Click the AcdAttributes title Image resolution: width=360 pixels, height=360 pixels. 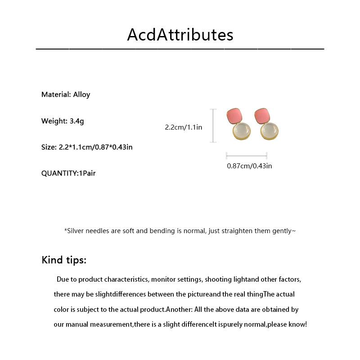point(180,35)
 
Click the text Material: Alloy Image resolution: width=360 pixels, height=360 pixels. point(66,94)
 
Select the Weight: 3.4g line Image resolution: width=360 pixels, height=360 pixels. point(63,121)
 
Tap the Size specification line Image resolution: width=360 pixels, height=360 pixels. point(87,147)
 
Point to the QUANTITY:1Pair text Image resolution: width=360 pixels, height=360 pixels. point(68,173)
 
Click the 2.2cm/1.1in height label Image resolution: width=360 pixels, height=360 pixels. point(184,127)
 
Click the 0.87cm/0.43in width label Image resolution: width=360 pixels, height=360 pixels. point(249,166)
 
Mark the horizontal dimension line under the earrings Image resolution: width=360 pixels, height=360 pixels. point(247,156)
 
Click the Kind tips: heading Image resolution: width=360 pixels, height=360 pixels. point(64,260)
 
